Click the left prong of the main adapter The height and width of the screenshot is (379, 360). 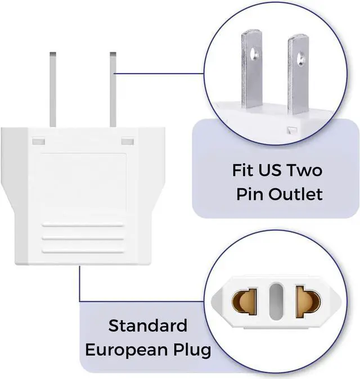point(53,90)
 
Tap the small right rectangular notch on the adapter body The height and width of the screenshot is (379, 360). point(127,139)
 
